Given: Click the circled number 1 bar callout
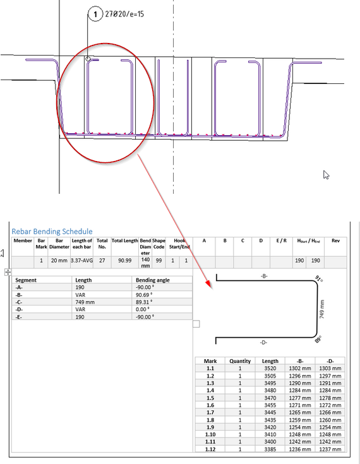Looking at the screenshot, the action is tap(95, 14).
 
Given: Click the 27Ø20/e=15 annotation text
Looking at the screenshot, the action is tap(124, 14).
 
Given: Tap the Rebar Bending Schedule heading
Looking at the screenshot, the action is tap(52, 232).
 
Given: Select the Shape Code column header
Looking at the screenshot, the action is tap(159, 244).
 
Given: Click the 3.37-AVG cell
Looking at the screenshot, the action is tap(81, 260).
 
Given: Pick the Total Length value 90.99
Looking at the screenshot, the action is tap(124, 260).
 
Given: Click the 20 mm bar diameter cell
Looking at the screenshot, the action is tap(59, 260).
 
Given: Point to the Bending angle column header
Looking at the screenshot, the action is tap(153, 280).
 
